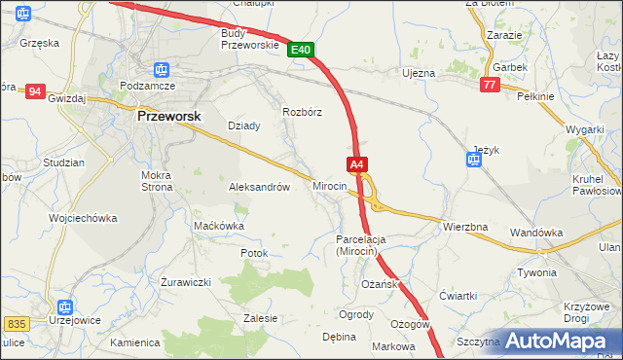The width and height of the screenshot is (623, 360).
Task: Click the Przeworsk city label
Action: [168, 115]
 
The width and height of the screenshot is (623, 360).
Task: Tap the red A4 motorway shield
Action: [357, 164]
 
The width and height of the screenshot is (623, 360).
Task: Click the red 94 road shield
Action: [35, 91]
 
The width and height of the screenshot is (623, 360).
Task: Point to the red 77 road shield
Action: [490, 86]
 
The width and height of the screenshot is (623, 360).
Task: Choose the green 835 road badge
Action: [16, 322]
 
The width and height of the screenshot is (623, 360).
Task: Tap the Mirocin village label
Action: [330, 185]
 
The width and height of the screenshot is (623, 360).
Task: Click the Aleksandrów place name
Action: [259, 187]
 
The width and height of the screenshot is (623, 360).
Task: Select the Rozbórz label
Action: [302, 112]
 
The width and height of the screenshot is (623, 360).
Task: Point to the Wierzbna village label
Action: [464, 227]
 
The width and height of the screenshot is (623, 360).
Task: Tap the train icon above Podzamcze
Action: [162, 70]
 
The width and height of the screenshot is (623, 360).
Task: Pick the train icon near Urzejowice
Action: [65, 306]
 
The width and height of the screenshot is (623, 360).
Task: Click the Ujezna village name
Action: [419, 73]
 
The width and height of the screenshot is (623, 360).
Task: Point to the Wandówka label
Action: [537, 233]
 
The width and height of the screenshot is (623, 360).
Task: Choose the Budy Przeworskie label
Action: [250, 38]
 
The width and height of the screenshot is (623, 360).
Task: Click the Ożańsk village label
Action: [378, 283]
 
